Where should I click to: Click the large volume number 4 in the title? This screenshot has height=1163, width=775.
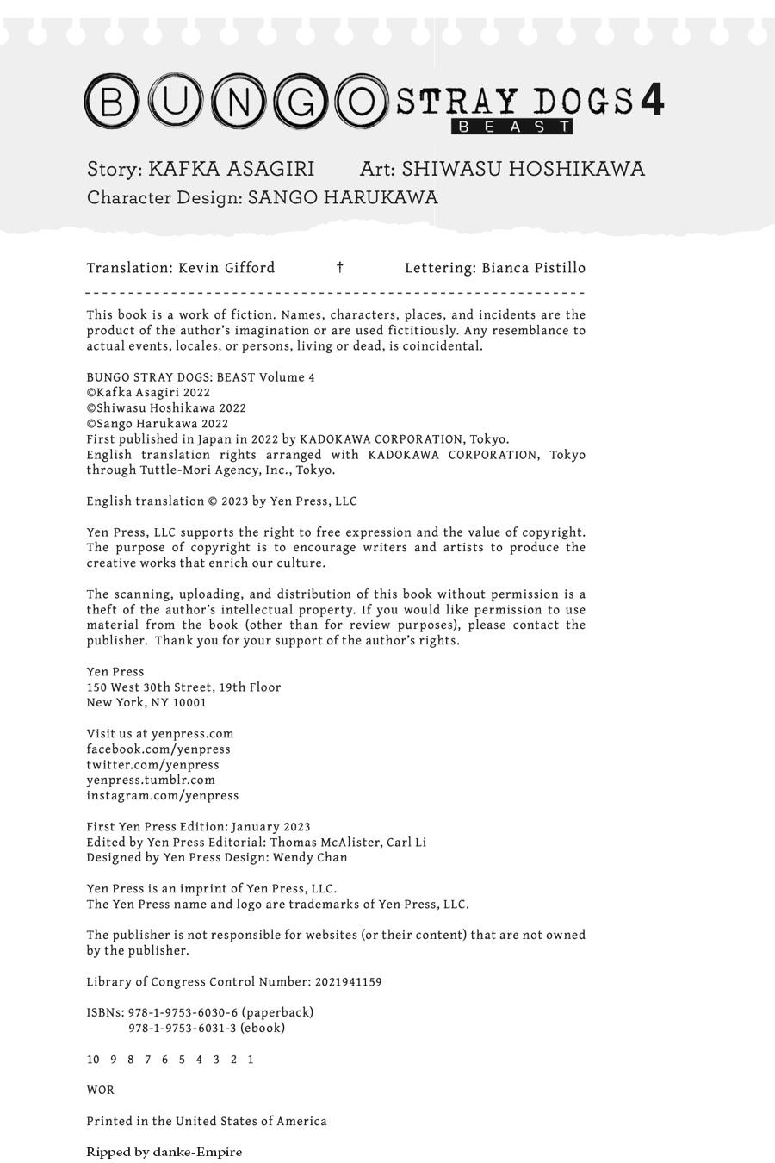tap(652, 100)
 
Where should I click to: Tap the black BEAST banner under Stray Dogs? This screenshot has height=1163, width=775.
tap(512, 127)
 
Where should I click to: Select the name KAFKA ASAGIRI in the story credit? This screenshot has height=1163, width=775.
tap(231, 169)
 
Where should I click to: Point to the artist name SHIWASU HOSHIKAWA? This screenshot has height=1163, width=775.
tap(523, 169)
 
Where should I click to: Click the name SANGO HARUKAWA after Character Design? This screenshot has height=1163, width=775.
tap(343, 197)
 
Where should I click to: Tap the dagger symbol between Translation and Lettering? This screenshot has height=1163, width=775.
tap(340, 268)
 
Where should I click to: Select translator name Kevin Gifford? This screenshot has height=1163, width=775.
tap(226, 268)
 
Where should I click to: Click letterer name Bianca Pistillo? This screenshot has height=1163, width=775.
tap(533, 268)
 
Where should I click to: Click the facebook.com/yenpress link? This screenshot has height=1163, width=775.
tap(158, 749)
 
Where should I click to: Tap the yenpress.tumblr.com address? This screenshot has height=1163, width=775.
tap(151, 781)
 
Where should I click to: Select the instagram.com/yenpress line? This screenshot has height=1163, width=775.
tap(163, 796)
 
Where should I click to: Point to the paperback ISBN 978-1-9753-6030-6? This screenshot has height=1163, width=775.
tap(183, 1013)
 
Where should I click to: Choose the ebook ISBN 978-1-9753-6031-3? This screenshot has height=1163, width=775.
tap(183, 1029)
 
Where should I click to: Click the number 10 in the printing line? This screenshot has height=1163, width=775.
tap(93, 1060)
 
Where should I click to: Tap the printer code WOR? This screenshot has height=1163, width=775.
tap(100, 1091)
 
